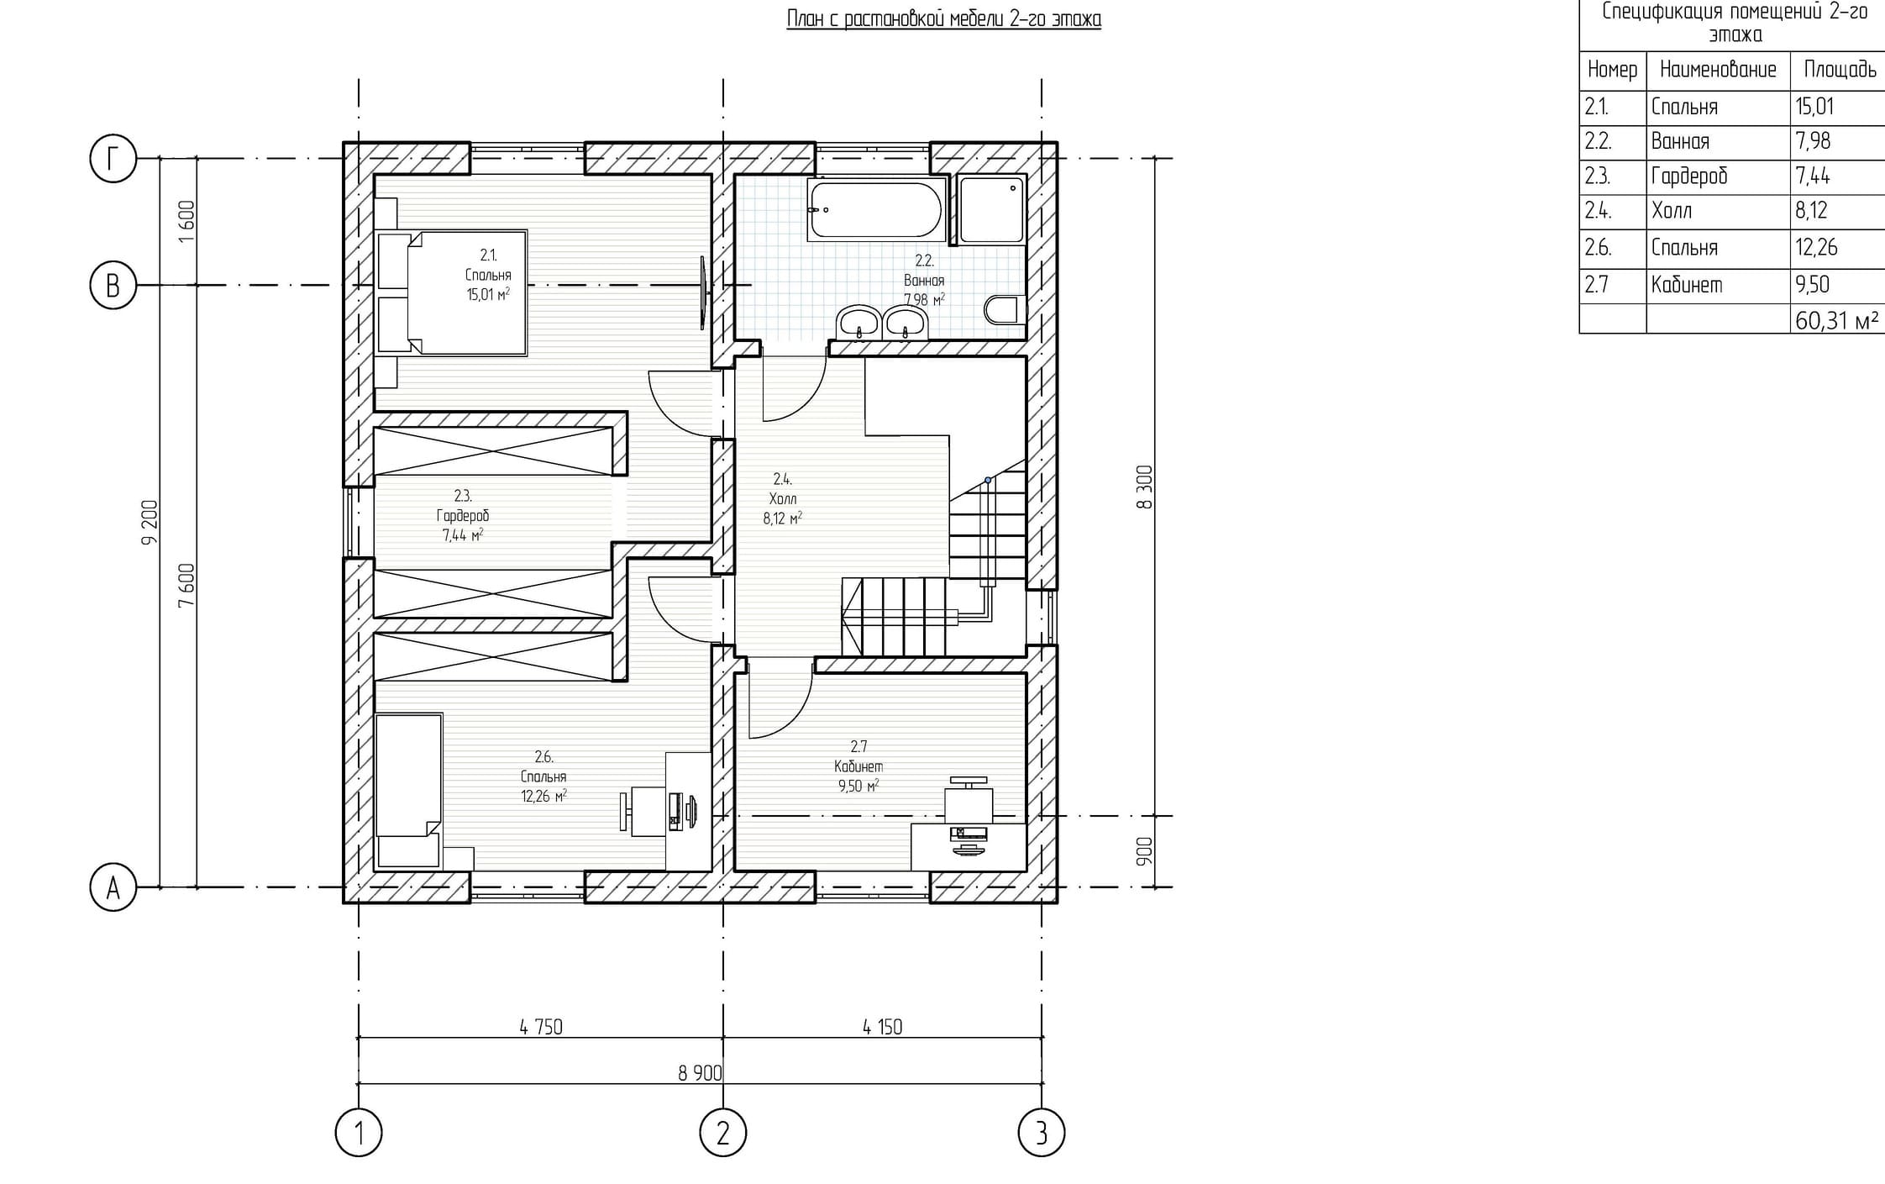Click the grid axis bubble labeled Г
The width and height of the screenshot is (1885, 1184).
113,158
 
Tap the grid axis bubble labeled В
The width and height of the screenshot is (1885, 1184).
113,286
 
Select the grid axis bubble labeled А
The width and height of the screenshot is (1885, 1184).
113,887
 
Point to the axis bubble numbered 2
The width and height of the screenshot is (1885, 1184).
722,1133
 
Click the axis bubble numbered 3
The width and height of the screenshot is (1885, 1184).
1042,1133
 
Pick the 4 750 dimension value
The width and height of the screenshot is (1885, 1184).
541,1027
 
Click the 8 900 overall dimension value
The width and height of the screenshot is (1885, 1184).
700,1073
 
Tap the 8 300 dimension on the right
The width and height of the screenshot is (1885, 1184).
1144,487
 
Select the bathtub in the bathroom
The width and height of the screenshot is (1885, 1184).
875,209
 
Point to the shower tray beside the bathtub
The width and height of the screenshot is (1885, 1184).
992,209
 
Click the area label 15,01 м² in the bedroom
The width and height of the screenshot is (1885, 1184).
488,294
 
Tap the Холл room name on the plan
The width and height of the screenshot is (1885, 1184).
783,499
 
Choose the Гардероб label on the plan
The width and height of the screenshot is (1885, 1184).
463,516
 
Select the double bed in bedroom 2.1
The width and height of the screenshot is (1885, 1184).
453,292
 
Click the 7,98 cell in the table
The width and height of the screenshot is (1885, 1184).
1813,141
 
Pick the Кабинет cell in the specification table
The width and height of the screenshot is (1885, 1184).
1687,285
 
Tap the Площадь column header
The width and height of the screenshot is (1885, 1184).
1840,70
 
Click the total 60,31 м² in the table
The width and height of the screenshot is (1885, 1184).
1837,321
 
